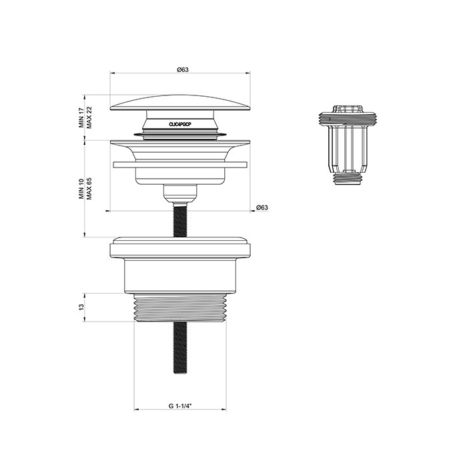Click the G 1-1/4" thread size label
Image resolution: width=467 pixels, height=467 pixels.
[x=181, y=405]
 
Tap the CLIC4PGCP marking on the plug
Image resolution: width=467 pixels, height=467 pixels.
[x=181, y=123]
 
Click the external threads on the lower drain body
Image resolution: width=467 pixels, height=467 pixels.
[x=181, y=308]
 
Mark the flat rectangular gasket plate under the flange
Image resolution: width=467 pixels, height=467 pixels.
[x=181, y=163]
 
